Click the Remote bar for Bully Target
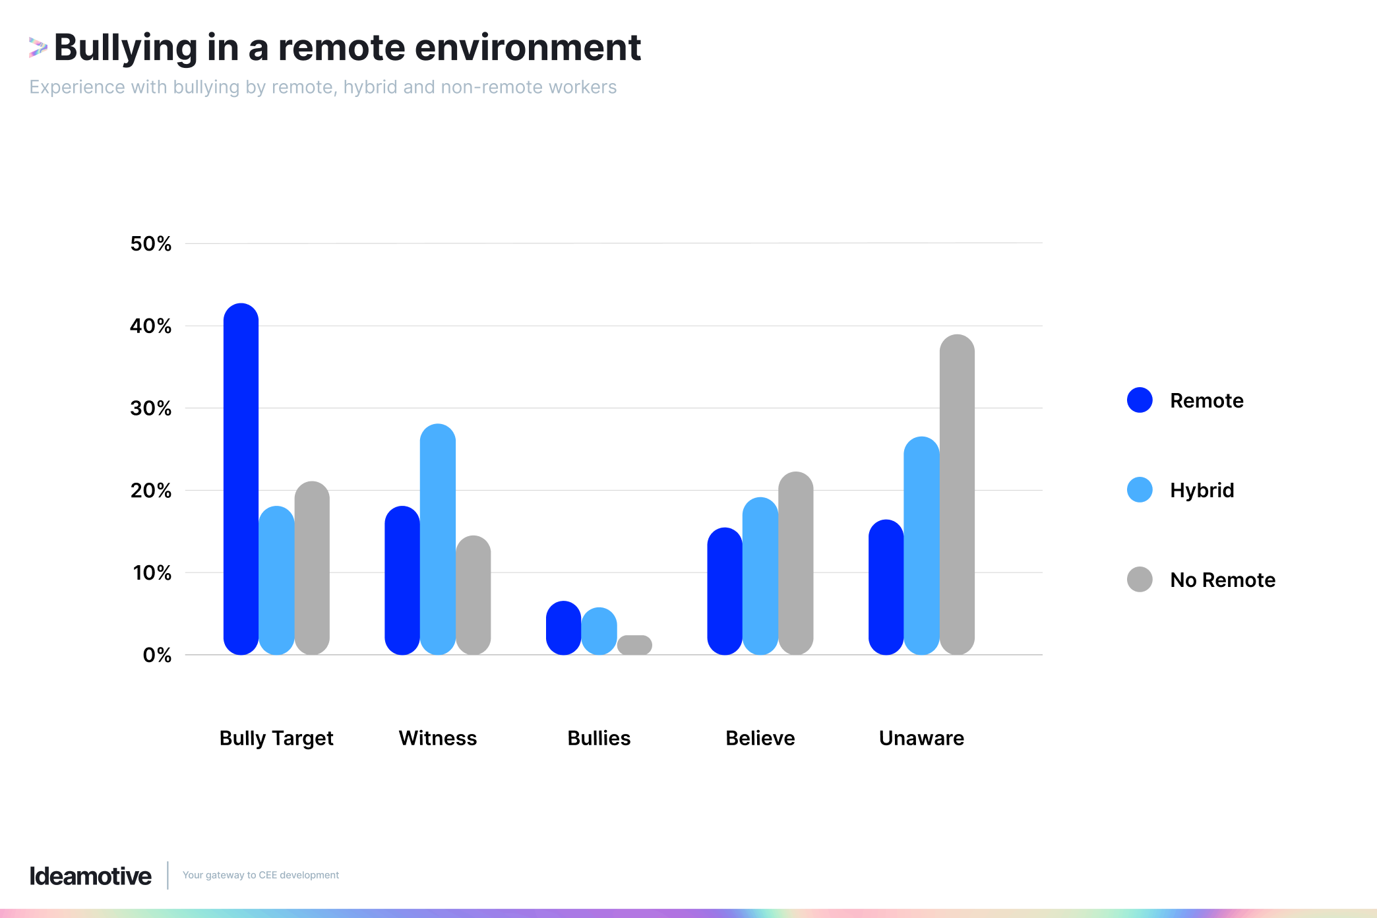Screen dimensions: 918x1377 click(x=241, y=479)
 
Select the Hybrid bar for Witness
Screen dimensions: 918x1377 click(x=437, y=539)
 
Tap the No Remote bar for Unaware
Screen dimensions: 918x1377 click(x=957, y=495)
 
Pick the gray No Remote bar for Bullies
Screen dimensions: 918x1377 click(x=634, y=645)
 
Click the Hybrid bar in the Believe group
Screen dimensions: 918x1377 click(x=760, y=576)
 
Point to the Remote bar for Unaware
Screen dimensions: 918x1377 click(x=886, y=588)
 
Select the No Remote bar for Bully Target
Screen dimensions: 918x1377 click(x=312, y=568)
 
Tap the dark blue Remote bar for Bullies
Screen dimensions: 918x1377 click(x=563, y=628)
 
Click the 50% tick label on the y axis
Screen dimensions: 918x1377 click(x=150, y=244)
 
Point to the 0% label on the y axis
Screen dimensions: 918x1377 click(x=157, y=655)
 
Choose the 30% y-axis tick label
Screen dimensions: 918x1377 click(x=150, y=408)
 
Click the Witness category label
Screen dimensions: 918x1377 click(x=437, y=738)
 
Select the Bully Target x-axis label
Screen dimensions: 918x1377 click(x=276, y=738)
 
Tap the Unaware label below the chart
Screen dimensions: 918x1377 click(x=921, y=738)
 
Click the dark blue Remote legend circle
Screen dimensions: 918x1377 click(x=1140, y=400)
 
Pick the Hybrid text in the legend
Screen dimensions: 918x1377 click(x=1202, y=490)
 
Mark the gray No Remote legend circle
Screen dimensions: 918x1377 click(x=1140, y=580)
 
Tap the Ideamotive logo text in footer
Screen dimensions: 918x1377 click(x=90, y=876)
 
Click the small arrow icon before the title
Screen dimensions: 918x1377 click(x=38, y=47)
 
